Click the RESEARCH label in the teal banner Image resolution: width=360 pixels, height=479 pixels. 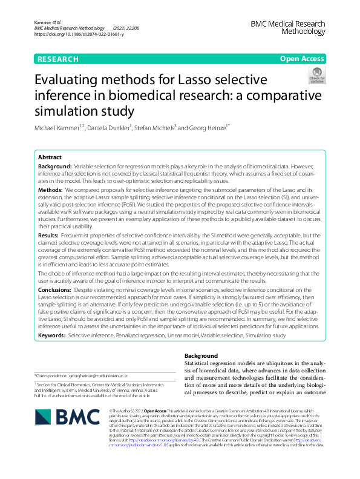tap(57, 59)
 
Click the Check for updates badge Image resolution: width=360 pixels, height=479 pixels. tap(316, 76)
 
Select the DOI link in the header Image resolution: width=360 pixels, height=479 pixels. tap(79, 35)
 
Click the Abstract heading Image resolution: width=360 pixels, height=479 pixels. tap(50, 156)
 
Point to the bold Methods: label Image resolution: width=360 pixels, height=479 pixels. tap(53, 190)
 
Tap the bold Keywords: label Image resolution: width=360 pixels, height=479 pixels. tap(52, 334)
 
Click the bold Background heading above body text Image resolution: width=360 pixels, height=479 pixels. tap(200, 355)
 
